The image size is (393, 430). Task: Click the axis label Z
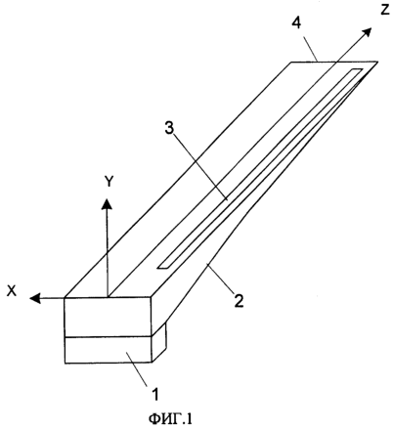click(384, 10)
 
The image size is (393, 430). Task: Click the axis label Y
click(109, 182)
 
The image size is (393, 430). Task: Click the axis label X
click(12, 291)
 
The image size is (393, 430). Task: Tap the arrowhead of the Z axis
click(367, 32)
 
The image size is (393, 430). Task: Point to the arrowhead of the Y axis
click(107, 203)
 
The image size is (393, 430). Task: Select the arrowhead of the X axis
click(35, 297)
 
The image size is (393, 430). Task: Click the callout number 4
click(296, 23)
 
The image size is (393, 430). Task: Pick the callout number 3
click(169, 129)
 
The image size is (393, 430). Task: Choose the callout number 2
click(239, 300)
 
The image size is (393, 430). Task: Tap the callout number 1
click(155, 394)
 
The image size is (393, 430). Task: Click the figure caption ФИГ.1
click(170, 418)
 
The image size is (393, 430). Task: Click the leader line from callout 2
click(220, 278)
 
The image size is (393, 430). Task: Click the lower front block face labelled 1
click(109, 350)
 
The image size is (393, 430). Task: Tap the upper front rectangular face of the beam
click(108, 317)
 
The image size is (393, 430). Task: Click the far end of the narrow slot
click(358, 71)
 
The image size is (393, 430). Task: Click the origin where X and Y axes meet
click(108, 297)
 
